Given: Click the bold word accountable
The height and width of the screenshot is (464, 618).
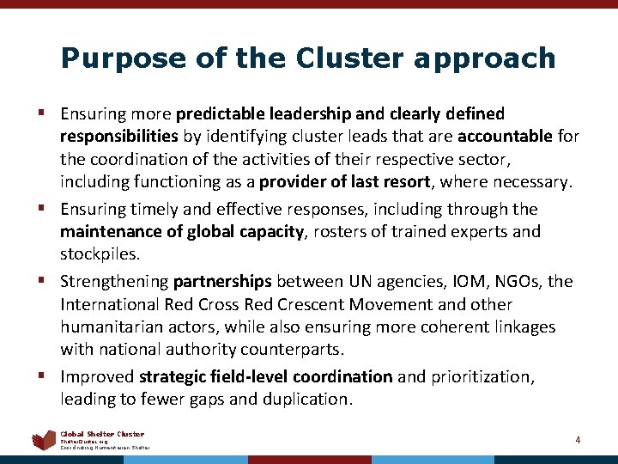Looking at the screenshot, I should (x=506, y=136).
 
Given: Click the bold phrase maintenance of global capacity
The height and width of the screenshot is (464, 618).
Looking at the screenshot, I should (x=181, y=231).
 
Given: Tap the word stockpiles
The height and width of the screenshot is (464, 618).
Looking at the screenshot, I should (x=99, y=253).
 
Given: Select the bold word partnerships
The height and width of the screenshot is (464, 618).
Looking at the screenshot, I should (x=222, y=282).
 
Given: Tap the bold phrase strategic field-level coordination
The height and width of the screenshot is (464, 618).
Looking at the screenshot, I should (x=265, y=377).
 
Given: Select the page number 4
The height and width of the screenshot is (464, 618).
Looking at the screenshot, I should (x=578, y=440).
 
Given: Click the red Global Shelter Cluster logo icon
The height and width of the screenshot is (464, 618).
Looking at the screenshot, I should (x=43, y=440).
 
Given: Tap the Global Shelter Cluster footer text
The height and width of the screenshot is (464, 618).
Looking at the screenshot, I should (x=102, y=434).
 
